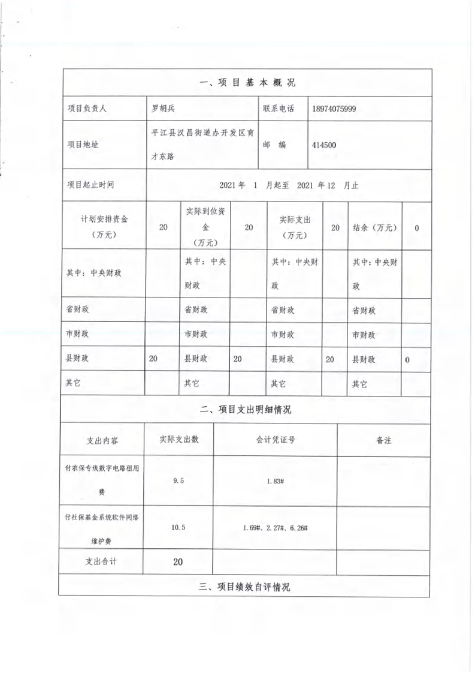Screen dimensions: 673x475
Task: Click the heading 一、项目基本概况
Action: point(247,83)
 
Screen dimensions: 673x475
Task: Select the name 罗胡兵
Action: point(162,109)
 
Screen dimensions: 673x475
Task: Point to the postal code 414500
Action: point(324,145)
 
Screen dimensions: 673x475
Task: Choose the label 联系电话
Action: point(279,109)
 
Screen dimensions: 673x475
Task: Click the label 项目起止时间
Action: point(91,185)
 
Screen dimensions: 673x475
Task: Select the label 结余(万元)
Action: point(375,227)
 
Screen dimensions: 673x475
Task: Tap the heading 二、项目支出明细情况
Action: point(246,410)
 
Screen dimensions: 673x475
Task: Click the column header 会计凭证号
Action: point(275,440)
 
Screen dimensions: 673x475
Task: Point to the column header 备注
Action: point(383,440)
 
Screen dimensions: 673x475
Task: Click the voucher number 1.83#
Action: point(275,481)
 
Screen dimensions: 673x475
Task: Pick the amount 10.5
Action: point(178,527)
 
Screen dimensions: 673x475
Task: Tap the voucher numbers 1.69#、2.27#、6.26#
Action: point(275,527)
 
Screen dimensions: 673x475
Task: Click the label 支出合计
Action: point(102,562)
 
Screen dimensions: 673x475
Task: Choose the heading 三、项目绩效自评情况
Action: point(244,587)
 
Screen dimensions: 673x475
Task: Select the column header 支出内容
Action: point(102,440)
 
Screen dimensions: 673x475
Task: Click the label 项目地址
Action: point(83,145)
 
